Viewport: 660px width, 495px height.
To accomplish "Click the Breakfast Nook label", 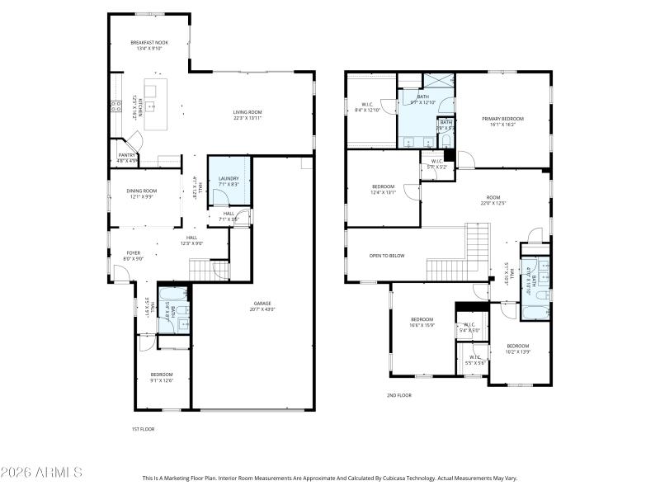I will [149, 45].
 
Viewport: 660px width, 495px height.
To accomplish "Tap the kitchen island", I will [156, 104].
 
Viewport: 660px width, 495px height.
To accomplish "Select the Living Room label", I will [247, 115].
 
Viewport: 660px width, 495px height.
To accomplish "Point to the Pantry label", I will [126, 158].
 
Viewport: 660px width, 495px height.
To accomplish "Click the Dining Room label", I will [141, 194].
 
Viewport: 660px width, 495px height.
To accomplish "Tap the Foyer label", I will [133, 256].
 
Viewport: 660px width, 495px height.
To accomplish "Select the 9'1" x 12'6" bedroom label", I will [162, 377].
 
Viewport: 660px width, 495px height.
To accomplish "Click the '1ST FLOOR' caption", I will [143, 429].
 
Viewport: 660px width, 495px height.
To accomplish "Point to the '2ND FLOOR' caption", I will [398, 395].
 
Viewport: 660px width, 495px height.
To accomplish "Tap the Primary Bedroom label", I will [502, 121].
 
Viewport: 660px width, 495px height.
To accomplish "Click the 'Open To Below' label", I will [387, 256].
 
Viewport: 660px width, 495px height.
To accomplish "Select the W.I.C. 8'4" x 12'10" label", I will [367, 106].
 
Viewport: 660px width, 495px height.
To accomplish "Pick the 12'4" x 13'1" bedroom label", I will [384, 190].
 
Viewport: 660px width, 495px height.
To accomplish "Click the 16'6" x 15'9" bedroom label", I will [422, 322].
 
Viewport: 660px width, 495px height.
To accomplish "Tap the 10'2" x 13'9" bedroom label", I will [517, 348].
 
